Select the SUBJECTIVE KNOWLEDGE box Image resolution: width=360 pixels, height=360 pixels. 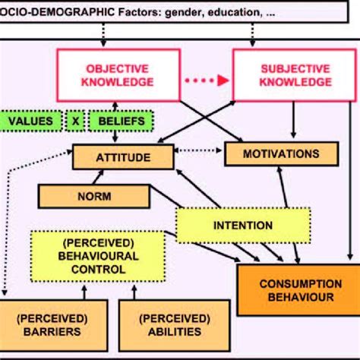tap(280, 74)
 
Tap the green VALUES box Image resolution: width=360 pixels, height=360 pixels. tap(30, 120)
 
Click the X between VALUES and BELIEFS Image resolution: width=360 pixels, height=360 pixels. tap(74, 120)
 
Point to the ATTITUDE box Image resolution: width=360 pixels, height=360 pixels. tap(122, 157)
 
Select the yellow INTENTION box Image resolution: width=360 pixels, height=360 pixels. tap(243, 225)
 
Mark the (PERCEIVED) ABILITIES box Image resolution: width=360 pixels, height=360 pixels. tap(174, 324)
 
